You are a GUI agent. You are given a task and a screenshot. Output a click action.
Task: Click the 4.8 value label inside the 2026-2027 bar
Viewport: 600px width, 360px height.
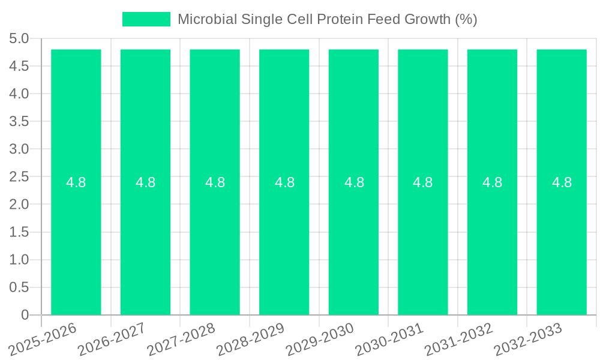point(146,182)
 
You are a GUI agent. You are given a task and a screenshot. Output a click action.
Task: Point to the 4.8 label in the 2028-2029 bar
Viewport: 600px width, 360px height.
point(284,182)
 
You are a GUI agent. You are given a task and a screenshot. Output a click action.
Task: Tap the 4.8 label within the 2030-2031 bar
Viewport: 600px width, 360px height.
point(423,182)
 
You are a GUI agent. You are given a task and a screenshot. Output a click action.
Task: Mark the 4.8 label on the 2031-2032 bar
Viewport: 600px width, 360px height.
point(493,182)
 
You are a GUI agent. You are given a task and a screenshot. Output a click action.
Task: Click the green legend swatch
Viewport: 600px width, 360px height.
point(146,19)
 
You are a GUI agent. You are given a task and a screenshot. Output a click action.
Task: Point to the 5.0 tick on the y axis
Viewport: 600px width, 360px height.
point(19,39)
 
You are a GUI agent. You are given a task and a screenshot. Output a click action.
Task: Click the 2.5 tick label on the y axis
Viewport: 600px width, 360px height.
point(19,177)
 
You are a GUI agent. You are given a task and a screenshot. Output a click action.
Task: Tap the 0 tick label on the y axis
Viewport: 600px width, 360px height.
point(25,315)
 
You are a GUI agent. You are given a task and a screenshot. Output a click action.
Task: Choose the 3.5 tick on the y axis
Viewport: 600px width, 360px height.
point(19,122)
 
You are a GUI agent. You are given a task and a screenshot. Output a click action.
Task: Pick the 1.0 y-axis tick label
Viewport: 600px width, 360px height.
point(19,260)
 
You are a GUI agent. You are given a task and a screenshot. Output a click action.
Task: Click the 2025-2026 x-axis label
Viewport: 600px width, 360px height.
point(44,338)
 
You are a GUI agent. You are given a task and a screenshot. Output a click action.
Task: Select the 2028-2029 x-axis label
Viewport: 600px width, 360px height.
point(251,338)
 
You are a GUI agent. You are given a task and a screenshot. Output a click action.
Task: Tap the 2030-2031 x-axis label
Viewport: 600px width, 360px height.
point(390,338)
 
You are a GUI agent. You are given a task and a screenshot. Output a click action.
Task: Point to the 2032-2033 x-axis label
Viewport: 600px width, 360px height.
point(528,338)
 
